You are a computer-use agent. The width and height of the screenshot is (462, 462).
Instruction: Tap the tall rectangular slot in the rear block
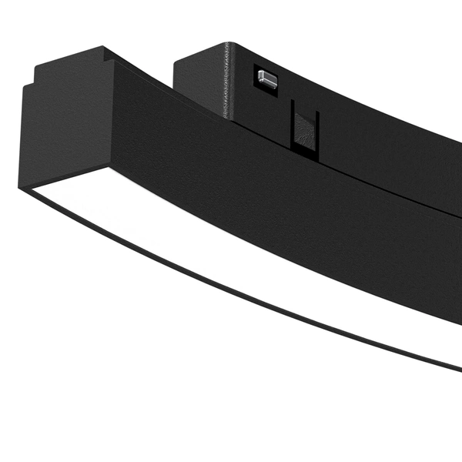303,127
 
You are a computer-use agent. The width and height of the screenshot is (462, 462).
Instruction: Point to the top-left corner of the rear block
176,57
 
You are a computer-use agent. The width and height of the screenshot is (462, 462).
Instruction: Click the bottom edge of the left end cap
62,176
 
